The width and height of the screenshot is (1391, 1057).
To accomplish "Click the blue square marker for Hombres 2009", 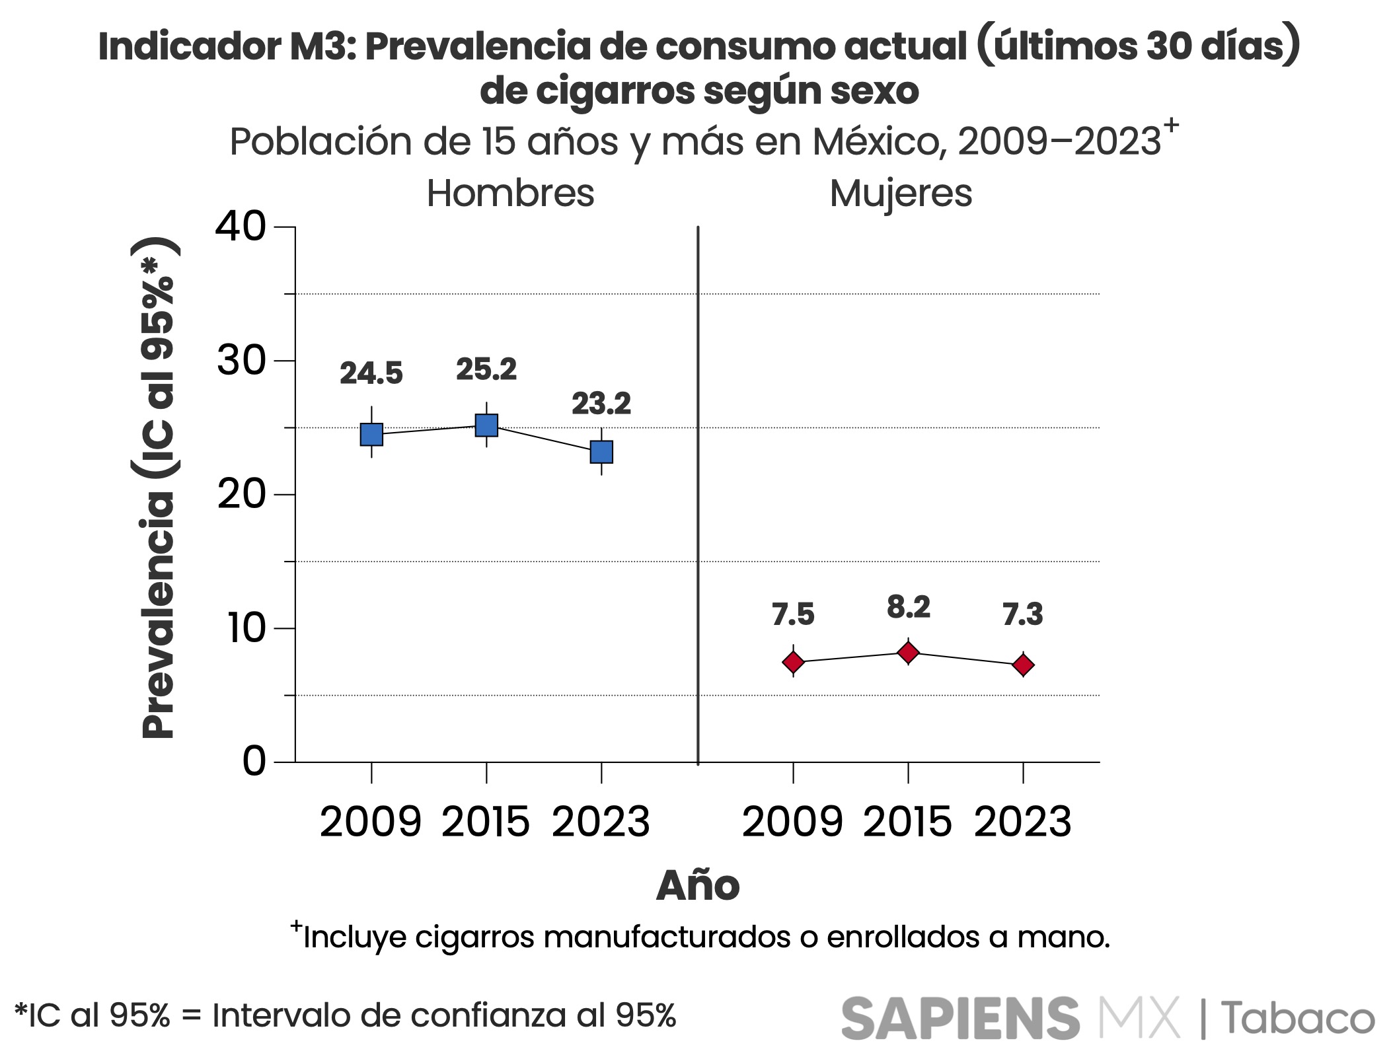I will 371,435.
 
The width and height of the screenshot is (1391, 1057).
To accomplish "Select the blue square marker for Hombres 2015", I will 486,425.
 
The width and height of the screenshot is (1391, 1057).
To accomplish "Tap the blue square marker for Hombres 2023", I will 601,452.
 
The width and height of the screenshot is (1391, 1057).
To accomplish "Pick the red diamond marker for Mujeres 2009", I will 793,662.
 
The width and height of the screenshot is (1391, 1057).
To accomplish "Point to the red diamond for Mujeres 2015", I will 909,653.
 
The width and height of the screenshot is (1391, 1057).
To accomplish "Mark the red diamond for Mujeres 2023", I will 1023,665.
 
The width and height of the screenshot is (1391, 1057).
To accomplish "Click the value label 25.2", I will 486,369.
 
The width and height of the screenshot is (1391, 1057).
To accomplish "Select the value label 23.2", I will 601,404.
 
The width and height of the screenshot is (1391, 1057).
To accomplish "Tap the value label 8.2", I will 909,607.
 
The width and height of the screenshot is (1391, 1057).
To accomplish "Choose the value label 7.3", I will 1023,614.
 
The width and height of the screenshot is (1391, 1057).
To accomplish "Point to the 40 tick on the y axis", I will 241,227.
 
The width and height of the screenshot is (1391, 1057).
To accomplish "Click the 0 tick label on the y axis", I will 254,762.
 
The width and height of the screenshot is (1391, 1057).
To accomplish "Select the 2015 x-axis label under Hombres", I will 486,822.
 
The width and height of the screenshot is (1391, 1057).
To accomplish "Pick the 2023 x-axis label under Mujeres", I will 1023,822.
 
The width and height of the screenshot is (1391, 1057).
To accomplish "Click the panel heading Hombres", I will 510,194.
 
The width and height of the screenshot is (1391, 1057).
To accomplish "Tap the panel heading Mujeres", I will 901,194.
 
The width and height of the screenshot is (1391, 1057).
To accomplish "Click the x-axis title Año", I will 698,886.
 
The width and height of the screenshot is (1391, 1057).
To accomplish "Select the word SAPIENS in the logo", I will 960,1018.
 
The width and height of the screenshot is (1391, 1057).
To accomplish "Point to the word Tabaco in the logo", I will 1297,1018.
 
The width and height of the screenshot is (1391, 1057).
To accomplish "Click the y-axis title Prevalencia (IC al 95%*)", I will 159,488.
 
